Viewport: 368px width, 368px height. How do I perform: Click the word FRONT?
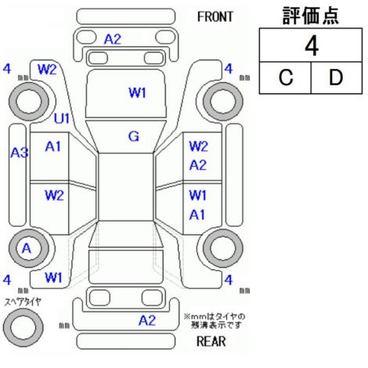pos(215,16)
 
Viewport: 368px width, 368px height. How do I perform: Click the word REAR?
pos(211,341)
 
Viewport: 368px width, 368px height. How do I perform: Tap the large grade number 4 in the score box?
pos(312,46)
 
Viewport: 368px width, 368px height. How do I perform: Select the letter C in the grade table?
pos(286,78)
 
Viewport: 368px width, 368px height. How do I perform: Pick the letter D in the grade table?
pos(336,78)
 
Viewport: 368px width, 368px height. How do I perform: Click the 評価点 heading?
pos(311,16)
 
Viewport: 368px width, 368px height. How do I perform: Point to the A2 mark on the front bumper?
pos(113,39)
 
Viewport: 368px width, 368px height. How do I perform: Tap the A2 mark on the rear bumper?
pos(147,320)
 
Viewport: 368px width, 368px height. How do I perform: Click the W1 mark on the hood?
pos(137,93)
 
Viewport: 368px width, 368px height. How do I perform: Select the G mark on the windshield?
pos(134,136)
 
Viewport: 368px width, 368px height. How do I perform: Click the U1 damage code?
pos(62,119)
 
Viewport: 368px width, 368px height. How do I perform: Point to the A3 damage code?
pos(20,153)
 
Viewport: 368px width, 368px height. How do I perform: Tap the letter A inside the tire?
pos(27,248)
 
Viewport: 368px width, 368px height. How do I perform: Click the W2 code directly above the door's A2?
pos(198,146)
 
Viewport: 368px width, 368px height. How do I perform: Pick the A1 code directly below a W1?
pos(197,215)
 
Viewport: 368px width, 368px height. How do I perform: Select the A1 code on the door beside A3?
pos(52,146)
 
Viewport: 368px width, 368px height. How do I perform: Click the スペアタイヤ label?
pos(23,302)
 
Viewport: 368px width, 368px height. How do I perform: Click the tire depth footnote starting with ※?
pos(215,321)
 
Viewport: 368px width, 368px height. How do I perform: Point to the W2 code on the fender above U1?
pos(47,70)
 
